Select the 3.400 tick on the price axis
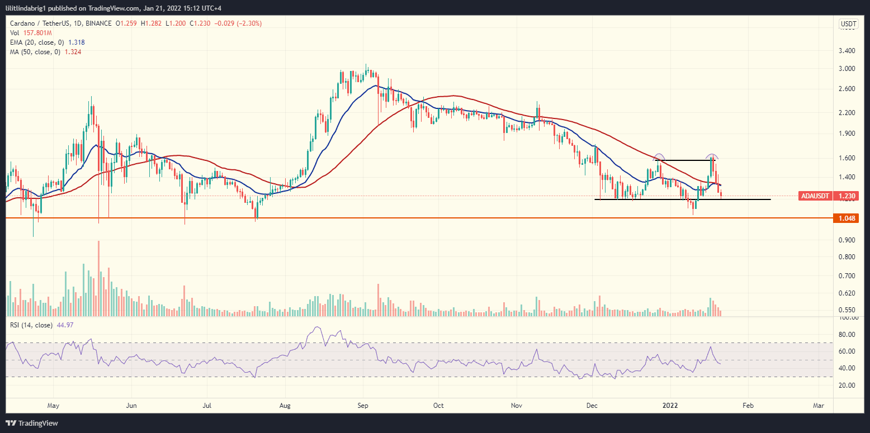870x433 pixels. [x=848, y=50]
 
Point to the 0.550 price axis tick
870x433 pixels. [x=848, y=310]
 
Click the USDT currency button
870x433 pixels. [x=848, y=23]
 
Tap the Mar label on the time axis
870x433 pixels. [x=819, y=405]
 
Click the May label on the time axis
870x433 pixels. [x=53, y=405]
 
